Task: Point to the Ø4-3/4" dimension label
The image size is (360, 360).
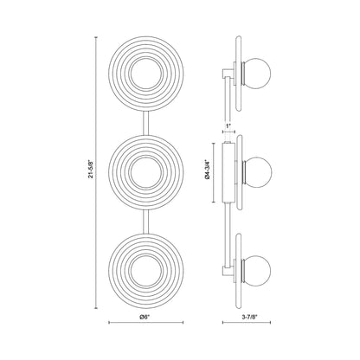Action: pyautogui.click(x=206, y=171)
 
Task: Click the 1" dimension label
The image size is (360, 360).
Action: pyautogui.click(x=228, y=125)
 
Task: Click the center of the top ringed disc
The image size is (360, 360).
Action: pyautogui.click(x=146, y=74)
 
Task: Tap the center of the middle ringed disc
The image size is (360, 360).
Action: pyautogui.click(x=146, y=172)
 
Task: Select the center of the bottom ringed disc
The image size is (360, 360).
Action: pyautogui.click(x=146, y=271)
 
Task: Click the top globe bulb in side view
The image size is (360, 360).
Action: pyautogui.click(x=258, y=73)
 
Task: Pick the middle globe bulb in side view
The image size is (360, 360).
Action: pyautogui.click(x=258, y=171)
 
